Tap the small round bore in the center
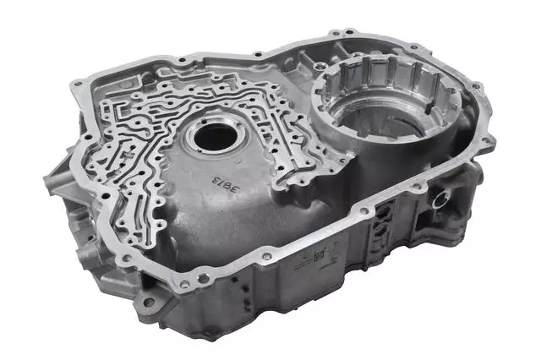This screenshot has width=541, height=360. [x=211, y=135]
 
